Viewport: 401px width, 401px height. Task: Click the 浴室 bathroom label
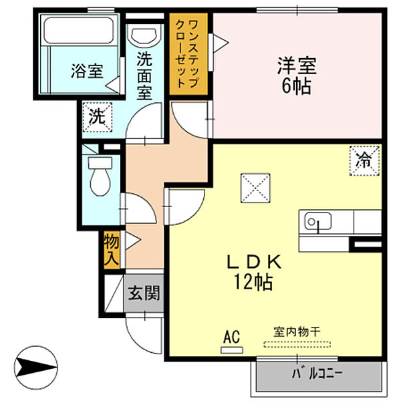tap(87, 70)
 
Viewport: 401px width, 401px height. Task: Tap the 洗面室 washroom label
tap(144, 75)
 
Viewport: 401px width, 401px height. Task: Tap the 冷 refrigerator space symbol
tap(364, 160)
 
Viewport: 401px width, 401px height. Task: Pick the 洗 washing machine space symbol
tap(98, 118)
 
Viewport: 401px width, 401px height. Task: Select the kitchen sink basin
tap(319, 221)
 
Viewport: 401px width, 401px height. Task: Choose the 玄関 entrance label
tap(144, 293)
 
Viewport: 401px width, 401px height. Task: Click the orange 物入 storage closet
tap(112, 249)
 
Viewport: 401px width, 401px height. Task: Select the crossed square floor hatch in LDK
tap(255, 187)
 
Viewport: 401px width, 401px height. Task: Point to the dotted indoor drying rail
tap(297, 345)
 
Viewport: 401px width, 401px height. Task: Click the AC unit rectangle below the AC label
tap(231, 348)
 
